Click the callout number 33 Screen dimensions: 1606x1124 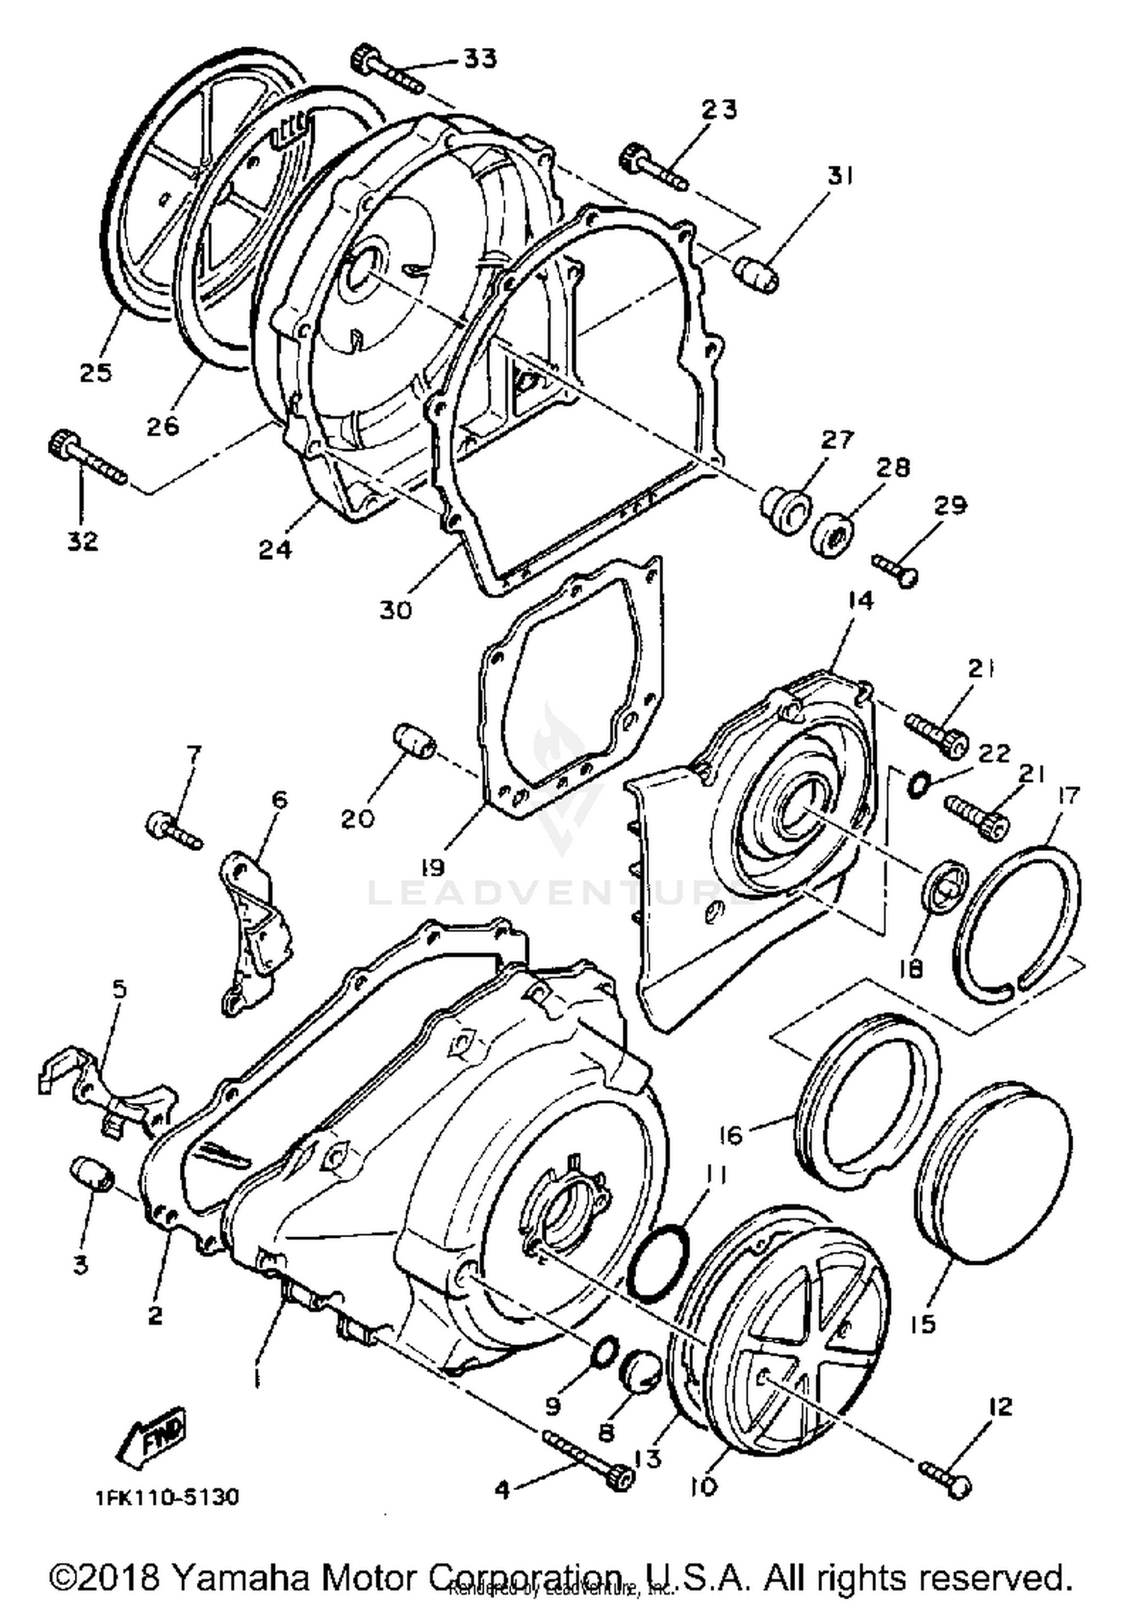tap(479, 58)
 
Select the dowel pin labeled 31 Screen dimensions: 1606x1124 tap(755, 274)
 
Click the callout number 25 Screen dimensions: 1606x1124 tap(96, 372)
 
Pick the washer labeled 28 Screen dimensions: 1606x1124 tap(833, 534)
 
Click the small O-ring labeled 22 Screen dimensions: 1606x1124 tap(919, 784)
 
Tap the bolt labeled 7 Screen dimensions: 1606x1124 tap(173, 829)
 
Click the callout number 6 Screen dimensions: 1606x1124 tap(279, 799)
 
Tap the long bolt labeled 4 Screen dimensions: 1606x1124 tap(588, 1458)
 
